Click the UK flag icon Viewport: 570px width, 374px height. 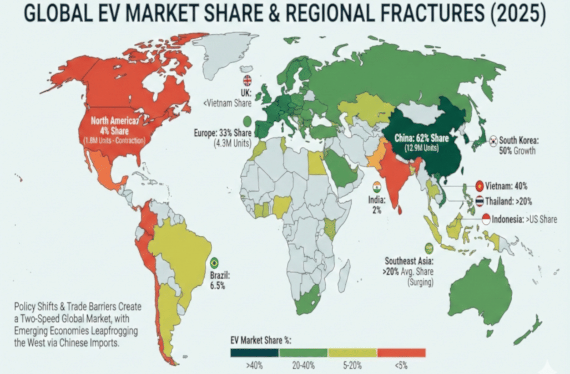coord(248,81)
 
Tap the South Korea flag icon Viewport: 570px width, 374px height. coord(492,141)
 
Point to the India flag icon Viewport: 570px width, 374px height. coord(377,186)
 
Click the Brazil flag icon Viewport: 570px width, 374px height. coord(214,263)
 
